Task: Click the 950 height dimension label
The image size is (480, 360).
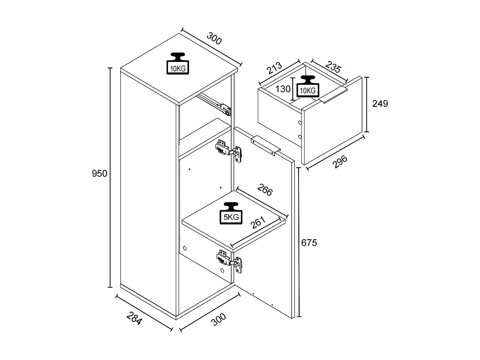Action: pos(99,174)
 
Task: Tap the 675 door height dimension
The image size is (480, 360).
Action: pos(309,243)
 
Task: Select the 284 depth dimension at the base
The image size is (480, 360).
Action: pos(134,318)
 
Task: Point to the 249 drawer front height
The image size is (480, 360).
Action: pos(380,104)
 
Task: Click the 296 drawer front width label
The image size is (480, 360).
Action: pos(339,162)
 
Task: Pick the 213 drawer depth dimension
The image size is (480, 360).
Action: pos(274,68)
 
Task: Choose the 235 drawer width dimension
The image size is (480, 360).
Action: pos(333,67)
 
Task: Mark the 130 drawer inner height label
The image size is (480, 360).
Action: pos(283,89)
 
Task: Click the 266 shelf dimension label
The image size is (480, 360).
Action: pos(265,190)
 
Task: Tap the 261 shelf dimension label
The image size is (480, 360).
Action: pos(258,222)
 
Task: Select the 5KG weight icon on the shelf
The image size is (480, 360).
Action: pos(231,213)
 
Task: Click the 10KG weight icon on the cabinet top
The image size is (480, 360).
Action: pos(178,64)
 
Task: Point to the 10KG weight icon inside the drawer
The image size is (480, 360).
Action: pos(308,86)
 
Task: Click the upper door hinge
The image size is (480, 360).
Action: pos(229,151)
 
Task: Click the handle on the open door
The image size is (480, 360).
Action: pos(266,145)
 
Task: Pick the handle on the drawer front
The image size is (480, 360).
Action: pos(333,95)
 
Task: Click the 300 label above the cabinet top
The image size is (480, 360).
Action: pos(214,38)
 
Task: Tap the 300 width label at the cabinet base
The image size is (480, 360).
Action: pos(219,320)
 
